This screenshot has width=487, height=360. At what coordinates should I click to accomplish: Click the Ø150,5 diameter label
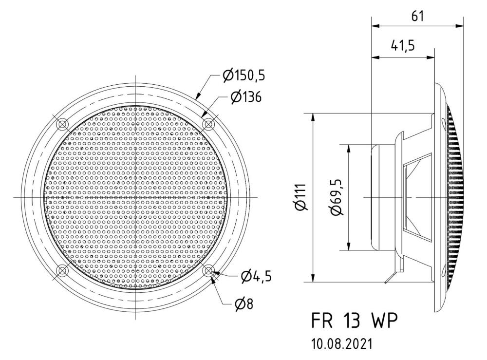point(244,75)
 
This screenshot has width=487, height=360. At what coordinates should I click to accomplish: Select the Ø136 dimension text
point(246,97)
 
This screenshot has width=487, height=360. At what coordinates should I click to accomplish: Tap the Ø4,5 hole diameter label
point(256,276)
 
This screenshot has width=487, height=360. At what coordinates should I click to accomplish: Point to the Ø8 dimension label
point(244,304)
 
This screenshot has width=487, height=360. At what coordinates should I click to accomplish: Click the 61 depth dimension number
point(417,16)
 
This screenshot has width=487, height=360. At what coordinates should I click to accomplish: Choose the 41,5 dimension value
point(403,46)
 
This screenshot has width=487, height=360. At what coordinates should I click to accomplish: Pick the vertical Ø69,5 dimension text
point(337,197)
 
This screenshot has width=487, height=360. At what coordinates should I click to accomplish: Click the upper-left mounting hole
point(63,124)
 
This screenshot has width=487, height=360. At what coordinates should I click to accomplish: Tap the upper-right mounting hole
point(208,124)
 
